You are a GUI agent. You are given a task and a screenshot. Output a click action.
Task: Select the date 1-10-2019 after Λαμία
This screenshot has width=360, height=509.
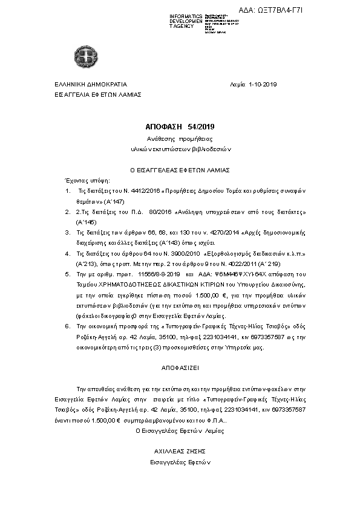[262, 85]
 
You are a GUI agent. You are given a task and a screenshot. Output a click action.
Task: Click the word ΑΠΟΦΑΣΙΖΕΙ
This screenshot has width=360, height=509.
[180, 367]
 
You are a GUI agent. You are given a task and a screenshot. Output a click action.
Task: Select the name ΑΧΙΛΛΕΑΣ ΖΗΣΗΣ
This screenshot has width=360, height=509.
[180, 452]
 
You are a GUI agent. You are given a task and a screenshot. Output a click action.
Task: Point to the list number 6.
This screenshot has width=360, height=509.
[67, 325]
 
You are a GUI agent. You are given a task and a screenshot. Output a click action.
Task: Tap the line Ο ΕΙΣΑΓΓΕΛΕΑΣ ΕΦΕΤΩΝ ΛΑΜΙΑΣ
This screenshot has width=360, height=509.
[180, 171]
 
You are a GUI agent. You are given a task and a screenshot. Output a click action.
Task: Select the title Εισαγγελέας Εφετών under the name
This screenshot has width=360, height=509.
[180, 462]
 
